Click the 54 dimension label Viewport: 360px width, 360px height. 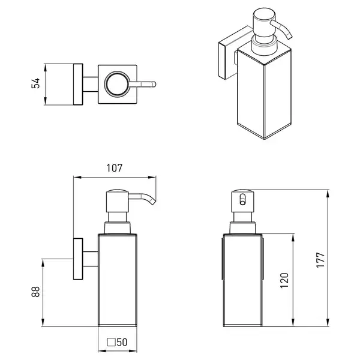coord(35,83)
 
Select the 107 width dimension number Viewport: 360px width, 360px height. coord(115,168)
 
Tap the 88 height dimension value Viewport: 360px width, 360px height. coord(35,292)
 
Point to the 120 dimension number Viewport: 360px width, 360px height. coord(284,280)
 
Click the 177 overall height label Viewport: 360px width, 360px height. coord(320,260)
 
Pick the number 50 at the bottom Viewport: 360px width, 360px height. coord(122,343)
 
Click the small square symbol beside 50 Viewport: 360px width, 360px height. coord(111,342)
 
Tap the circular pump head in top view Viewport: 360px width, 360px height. coord(116,84)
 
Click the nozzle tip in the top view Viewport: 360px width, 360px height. coord(154,84)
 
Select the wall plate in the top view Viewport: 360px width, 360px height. coord(78,84)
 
